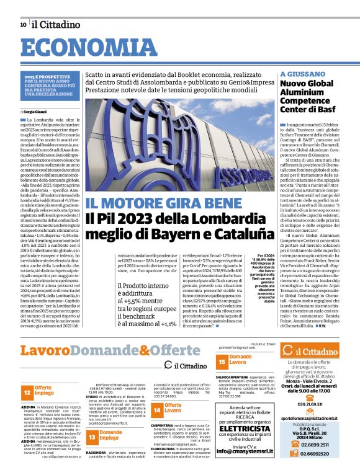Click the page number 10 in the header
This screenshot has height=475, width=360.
pos(23,25)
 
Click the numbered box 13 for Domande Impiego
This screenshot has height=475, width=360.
pos(92,437)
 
